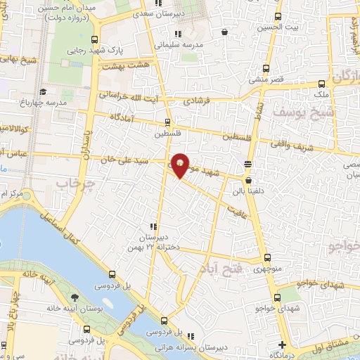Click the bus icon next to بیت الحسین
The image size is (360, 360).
tap(279, 17)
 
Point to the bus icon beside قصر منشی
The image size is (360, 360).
tap(266, 69)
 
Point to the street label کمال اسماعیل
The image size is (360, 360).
tap(67, 232)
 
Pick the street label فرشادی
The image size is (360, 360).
tap(198, 101)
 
